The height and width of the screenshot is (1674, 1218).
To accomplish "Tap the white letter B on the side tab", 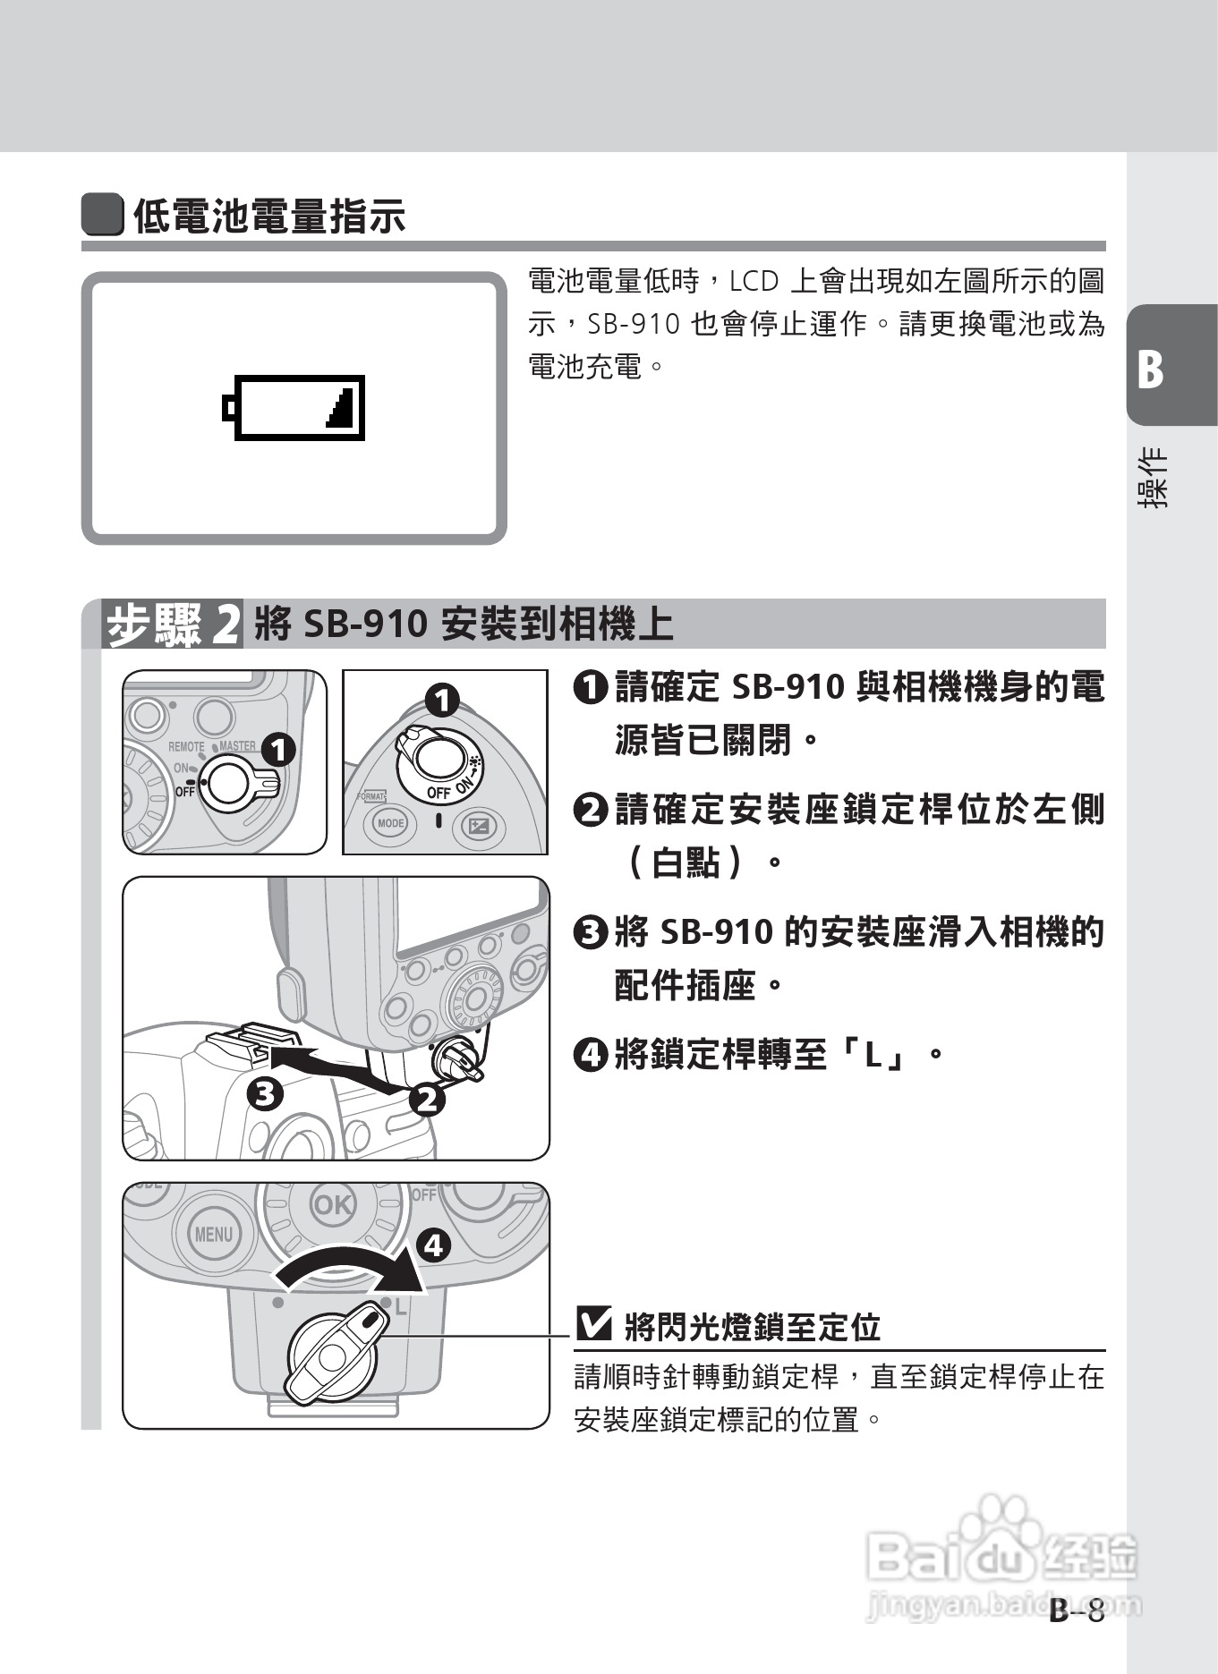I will point(1150,369).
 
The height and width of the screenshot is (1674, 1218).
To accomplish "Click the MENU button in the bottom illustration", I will point(213,1235).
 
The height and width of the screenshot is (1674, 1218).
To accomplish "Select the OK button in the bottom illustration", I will point(332,1204).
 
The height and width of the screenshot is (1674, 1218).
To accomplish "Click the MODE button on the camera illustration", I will point(390,823).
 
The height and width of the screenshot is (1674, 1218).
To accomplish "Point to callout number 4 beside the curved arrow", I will point(433,1245).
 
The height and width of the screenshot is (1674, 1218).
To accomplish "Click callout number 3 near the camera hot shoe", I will point(265,1092).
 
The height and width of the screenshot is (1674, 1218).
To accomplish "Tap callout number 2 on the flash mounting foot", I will point(427,1099).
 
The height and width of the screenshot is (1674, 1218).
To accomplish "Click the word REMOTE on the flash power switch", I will point(186,746).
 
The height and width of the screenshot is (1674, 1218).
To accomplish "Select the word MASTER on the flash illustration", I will point(237,745).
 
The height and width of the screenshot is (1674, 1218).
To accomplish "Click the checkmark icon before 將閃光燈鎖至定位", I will point(594,1324).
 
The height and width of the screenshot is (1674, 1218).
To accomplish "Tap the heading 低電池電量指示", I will point(268,216).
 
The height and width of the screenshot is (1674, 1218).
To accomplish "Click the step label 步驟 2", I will point(173,625).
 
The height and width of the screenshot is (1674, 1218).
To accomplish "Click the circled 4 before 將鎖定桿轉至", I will point(591,1055).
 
